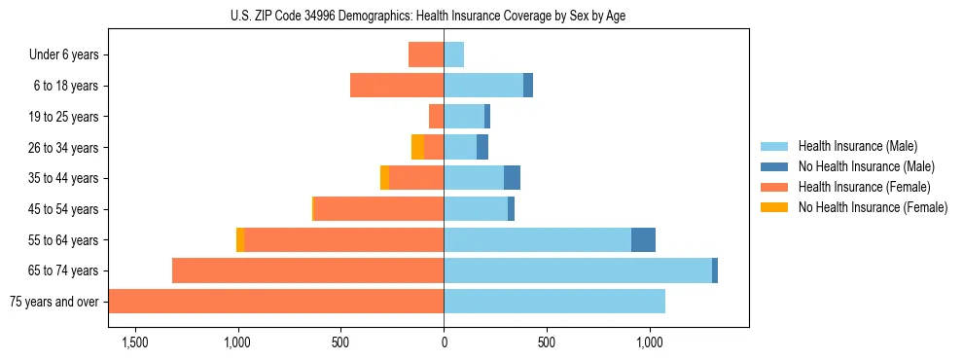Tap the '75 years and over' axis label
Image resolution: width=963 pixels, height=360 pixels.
click(54, 302)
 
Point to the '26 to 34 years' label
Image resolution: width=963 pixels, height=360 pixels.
click(64, 148)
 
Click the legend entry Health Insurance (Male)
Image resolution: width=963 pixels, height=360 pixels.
click(857, 146)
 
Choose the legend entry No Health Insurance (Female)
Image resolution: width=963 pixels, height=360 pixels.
click(873, 207)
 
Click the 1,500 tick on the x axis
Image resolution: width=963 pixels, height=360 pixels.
click(134, 342)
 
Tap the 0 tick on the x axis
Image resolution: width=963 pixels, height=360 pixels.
click(444, 342)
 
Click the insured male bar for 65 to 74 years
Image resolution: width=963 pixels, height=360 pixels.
click(578, 270)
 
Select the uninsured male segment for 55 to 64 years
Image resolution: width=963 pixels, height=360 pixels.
click(643, 240)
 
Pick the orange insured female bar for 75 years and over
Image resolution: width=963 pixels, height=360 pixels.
click(276, 302)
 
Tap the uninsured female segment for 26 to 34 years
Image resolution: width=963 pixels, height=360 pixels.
click(417, 148)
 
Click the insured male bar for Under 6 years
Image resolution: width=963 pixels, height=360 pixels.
click(453, 55)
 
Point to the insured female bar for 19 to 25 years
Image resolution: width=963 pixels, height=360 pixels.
click(437, 117)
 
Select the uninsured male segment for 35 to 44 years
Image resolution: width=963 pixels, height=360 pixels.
click(512, 178)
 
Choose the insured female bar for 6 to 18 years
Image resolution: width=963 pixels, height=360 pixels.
click(397, 86)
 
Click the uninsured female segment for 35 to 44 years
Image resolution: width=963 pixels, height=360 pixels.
click(384, 178)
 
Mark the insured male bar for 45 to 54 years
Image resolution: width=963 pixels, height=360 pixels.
click(476, 209)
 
